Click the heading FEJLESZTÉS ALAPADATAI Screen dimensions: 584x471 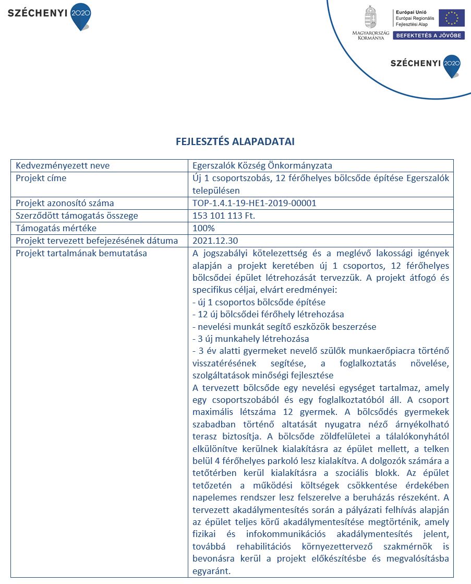235,141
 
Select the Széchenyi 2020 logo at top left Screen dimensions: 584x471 50,14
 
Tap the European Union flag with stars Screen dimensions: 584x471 451,18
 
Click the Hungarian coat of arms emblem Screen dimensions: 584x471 370,17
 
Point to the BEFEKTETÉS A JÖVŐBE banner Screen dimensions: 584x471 429,35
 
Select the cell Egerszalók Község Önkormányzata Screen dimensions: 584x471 262,165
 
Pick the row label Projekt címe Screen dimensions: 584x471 41,178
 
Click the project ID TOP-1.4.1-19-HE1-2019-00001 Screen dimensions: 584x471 255,203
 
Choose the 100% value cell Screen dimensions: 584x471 203,228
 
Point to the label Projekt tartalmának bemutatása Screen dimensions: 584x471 81,254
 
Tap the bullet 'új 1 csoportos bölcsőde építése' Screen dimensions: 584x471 259,302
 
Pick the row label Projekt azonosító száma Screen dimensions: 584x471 65,203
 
